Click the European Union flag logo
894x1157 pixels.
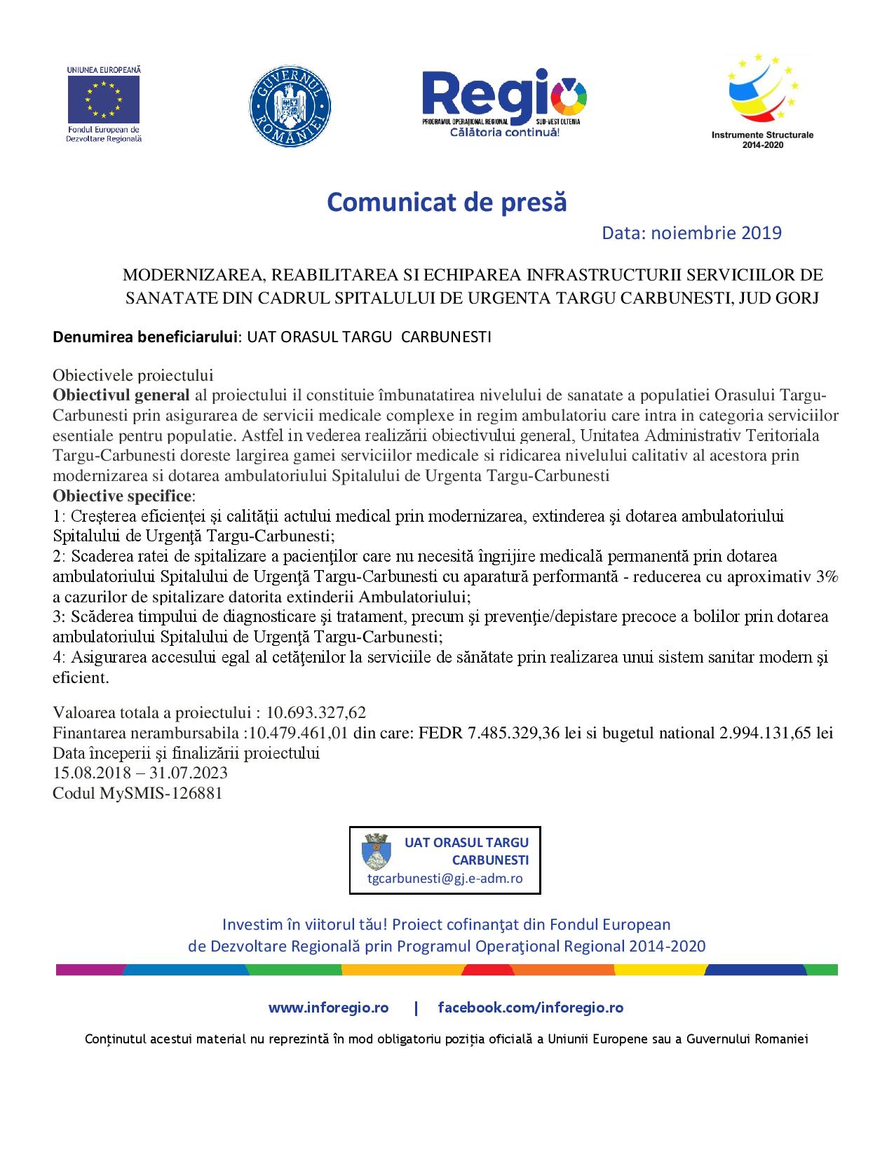click(103, 99)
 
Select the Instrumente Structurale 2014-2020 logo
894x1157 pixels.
click(762, 102)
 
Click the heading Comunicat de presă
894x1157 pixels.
click(447, 202)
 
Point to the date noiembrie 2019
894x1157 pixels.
click(716, 233)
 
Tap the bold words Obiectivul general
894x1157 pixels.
click(121, 395)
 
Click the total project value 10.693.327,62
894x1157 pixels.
click(316, 713)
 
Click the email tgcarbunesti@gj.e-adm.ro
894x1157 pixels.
click(445, 879)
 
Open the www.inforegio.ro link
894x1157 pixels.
click(328, 1008)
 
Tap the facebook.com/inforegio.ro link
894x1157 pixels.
click(530, 1008)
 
